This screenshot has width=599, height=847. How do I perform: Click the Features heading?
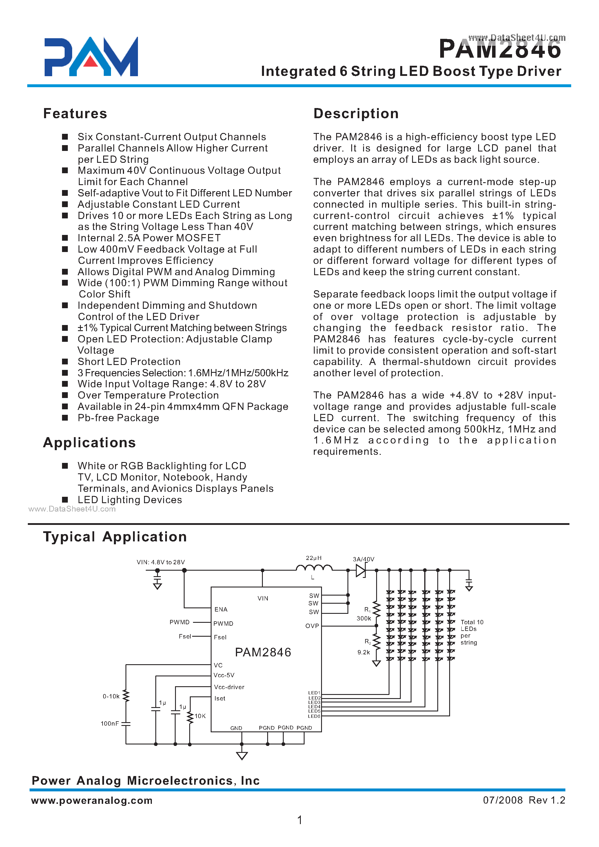[x=75, y=114]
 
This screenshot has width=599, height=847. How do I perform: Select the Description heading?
[x=356, y=114]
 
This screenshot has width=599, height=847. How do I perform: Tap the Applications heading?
[x=89, y=443]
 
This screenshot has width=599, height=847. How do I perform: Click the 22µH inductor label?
[x=314, y=558]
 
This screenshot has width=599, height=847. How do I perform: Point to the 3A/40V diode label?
[x=363, y=559]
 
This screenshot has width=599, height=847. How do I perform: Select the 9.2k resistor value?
[x=363, y=652]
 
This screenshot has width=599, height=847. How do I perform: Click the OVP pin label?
[x=312, y=626]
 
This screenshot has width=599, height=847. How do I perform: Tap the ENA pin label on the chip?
[x=221, y=609]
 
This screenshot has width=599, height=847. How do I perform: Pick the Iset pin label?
[x=220, y=698]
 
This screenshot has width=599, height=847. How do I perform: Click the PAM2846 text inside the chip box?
[x=263, y=653]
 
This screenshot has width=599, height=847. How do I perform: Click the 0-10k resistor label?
[x=111, y=696]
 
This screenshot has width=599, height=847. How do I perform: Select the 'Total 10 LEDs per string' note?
[x=471, y=632]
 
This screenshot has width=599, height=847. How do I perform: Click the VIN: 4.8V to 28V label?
[x=161, y=562]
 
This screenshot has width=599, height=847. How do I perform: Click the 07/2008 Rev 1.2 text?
[x=524, y=800]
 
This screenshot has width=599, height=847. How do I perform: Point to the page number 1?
[x=300, y=820]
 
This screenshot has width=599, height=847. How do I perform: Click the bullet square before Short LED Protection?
[x=65, y=362]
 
